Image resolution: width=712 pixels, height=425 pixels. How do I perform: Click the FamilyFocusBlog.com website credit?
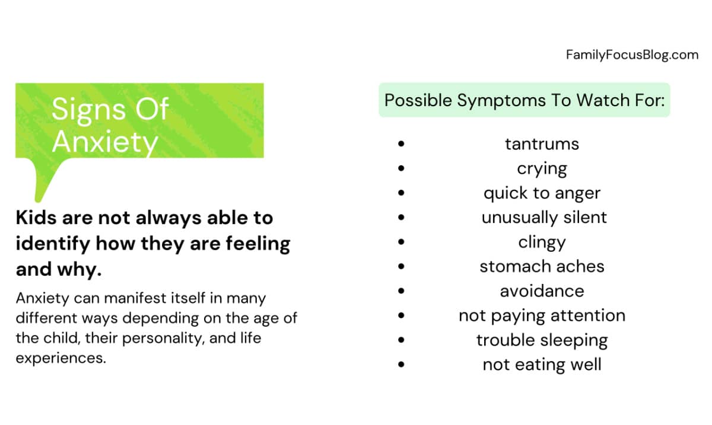tap(632, 55)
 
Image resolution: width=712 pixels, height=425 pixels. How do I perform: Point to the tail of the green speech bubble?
tap(47, 180)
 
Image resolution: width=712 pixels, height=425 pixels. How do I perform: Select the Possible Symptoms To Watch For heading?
tap(525, 100)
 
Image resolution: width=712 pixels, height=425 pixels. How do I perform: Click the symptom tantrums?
tap(542, 144)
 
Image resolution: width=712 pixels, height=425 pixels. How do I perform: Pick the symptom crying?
tap(542, 169)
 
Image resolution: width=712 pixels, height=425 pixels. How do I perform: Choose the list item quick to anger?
tap(542, 193)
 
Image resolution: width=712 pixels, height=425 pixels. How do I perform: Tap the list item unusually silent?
tap(544, 218)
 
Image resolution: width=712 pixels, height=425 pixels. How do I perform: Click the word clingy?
tap(542, 242)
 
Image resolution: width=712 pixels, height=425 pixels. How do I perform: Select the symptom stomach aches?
tap(542, 266)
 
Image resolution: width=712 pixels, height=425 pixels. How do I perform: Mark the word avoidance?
tap(542, 291)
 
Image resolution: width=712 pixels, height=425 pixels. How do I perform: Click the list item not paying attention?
tap(542, 316)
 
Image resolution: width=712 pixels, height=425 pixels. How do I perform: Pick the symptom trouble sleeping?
tap(542, 340)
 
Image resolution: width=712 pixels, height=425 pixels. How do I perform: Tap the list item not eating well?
tap(542, 365)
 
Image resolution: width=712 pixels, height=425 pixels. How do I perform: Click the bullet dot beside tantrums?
tap(401, 144)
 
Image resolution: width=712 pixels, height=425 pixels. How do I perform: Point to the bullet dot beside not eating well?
tap(401, 365)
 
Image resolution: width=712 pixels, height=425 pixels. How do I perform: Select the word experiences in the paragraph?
tap(61, 359)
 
